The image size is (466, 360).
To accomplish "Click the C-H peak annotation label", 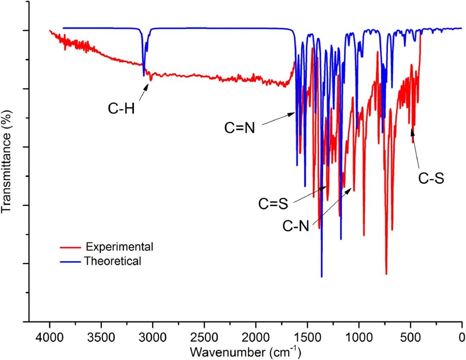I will pos(122,108).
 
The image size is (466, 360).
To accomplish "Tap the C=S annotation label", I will pos(273,203).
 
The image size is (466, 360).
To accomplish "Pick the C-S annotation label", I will pos(431,178).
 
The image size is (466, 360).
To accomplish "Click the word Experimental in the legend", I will pos(120,247).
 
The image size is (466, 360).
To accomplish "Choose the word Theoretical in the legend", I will pos(113,261).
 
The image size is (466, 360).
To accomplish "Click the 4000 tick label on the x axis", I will pos(50,335).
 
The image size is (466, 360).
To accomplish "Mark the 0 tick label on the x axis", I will pos(462,335).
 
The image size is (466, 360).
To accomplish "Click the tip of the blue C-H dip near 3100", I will pos(144,76).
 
